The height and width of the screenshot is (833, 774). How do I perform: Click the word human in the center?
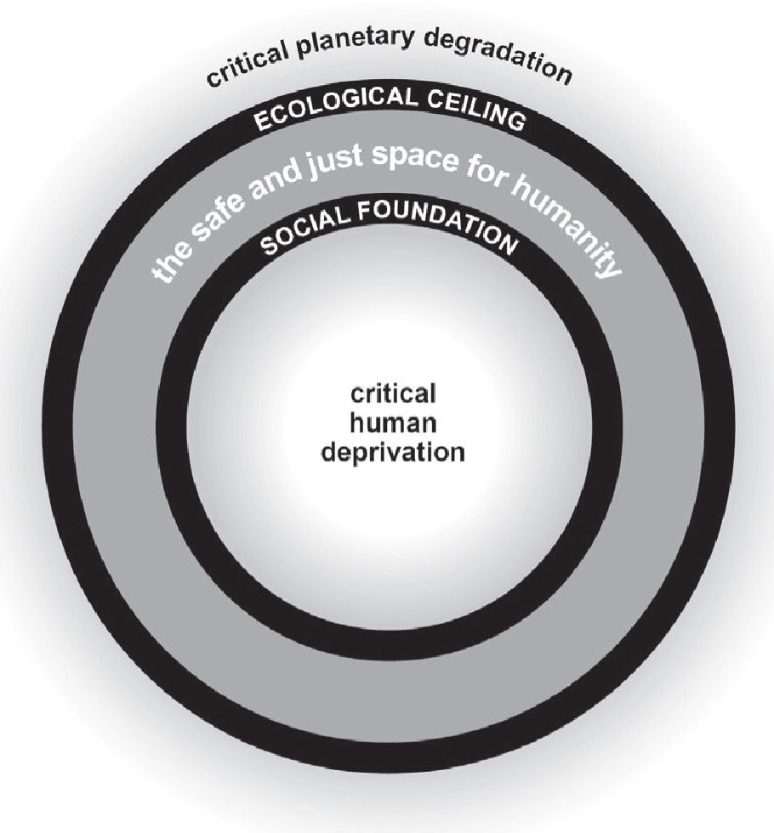click(393, 423)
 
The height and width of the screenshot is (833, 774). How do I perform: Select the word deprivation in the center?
click(393, 450)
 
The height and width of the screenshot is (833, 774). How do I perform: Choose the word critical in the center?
click(393, 396)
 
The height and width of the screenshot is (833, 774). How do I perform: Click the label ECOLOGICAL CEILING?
click(390, 109)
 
